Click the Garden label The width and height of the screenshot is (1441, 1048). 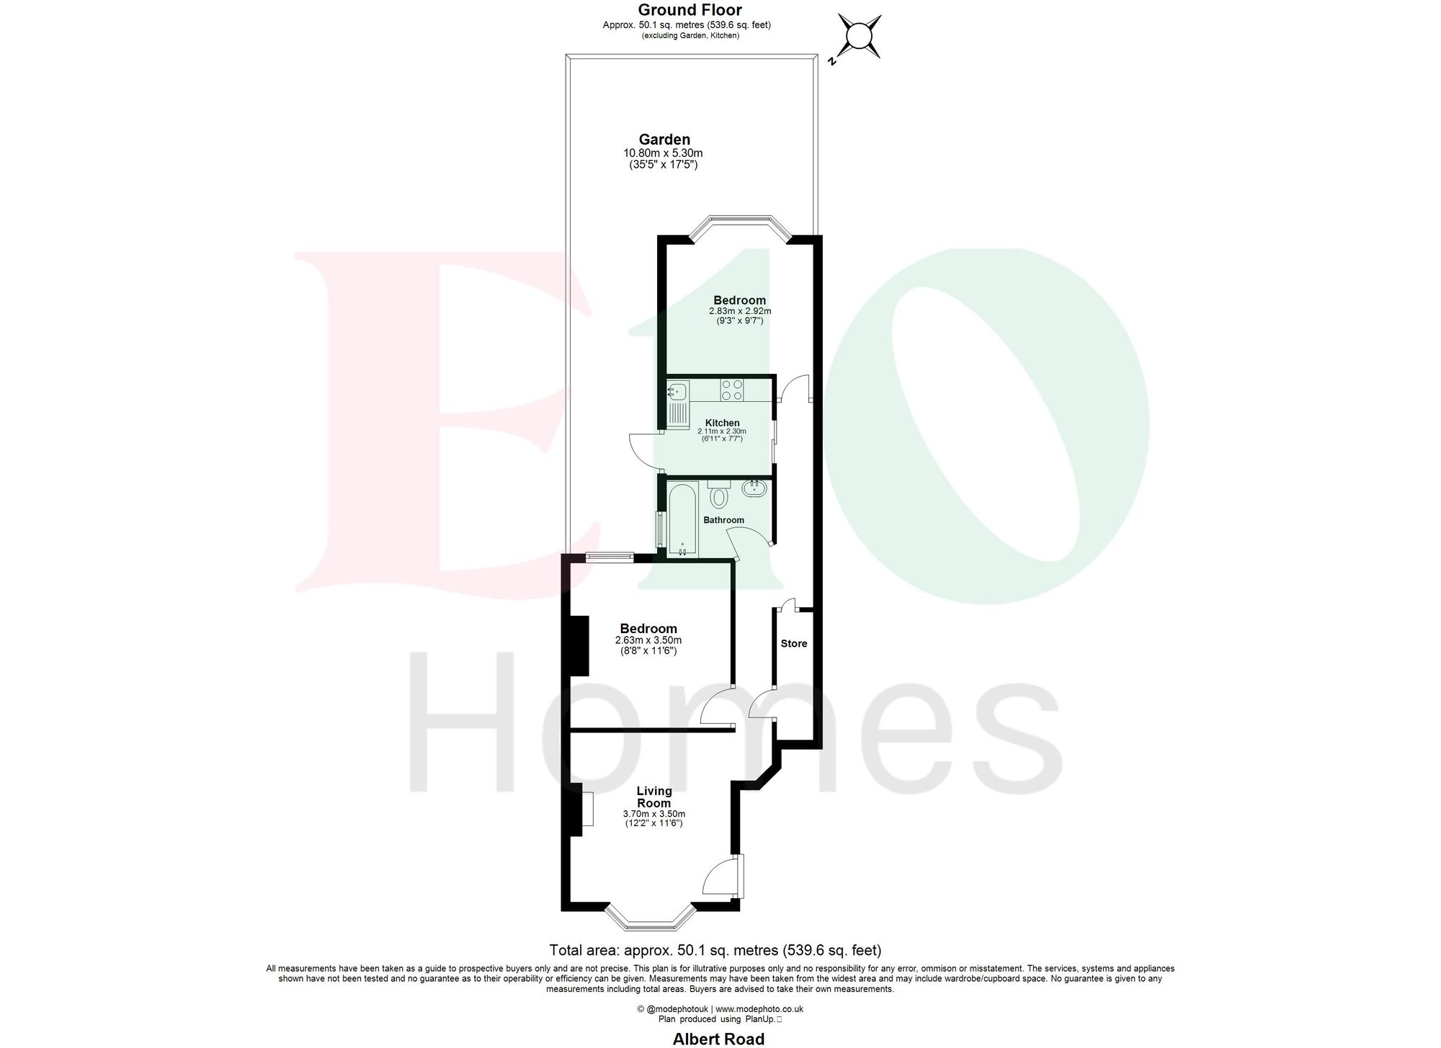(x=664, y=140)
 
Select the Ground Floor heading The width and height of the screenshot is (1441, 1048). (x=690, y=10)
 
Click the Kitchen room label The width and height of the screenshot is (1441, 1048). (x=722, y=423)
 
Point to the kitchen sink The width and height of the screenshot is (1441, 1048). (x=678, y=393)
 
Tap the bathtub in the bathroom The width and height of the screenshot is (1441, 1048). (x=682, y=519)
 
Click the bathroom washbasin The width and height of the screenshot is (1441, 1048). (x=754, y=490)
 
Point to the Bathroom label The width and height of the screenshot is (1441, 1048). (x=723, y=520)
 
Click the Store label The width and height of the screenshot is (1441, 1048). (x=794, y=643)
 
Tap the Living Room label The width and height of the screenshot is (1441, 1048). (x=653, y=797)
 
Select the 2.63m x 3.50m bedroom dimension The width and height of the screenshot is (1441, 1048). (x=648, y=640)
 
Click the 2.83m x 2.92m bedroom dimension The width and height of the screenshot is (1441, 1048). (x=739, y=311)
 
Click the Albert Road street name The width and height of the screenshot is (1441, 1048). (x=718, y=1039)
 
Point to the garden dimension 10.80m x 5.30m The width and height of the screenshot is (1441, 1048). (x=662, y=153)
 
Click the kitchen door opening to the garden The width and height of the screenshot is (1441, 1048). (x=645, y=450)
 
